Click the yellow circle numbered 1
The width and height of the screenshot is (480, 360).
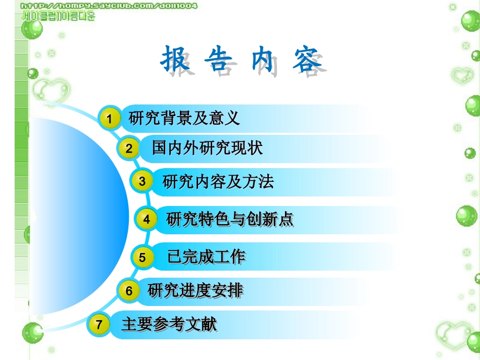(109, 119)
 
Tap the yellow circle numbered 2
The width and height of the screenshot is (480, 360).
(129, 148)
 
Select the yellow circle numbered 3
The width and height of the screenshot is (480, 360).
(142, 181)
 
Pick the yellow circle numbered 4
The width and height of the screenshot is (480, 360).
(147, 220)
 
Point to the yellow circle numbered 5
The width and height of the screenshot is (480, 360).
(142, 258)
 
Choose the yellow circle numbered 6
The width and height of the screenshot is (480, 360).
(129, 291)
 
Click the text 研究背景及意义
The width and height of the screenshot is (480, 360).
(184, 119)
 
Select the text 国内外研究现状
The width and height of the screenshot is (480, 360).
(207, 148)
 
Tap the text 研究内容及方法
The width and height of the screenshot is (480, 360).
(218, 181)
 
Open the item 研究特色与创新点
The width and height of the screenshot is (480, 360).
(230, 219)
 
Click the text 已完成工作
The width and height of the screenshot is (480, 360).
(206, 257)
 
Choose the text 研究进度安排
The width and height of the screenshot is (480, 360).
(195, 291)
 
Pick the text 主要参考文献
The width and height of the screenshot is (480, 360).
(169, 324)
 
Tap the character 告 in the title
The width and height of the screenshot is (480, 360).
(218, 60)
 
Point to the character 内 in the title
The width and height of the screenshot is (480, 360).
(262, 60)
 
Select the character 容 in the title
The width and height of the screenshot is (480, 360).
(306, 60)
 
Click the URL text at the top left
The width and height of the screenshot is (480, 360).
(109, 6)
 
